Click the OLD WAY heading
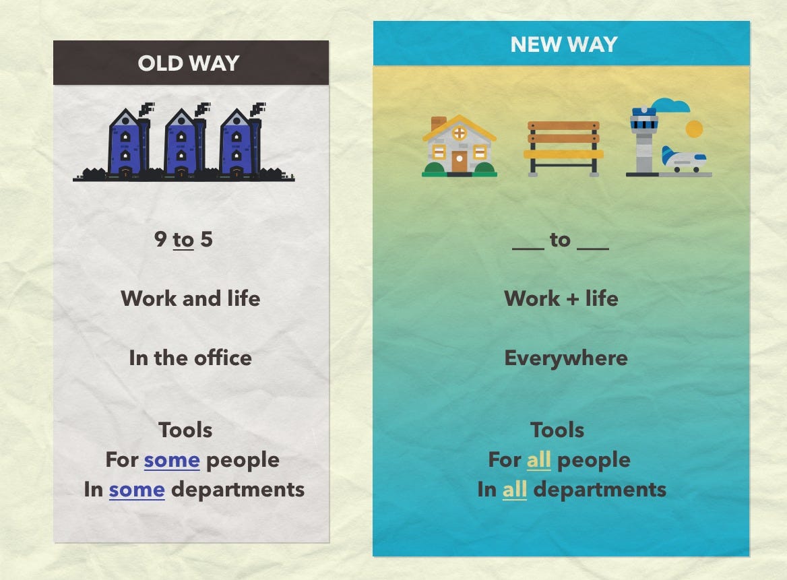(x=188, y=63)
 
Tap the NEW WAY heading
(x=564, y=44)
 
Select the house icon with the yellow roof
(x=460, y=146)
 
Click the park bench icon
(x=563, y=148)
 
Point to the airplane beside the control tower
(x=684, y=160)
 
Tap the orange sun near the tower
(x=694, y=129)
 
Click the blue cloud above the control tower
(x=670, y=105)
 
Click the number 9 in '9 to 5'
(x=160, y=239)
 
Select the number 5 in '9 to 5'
(x=206, y=239)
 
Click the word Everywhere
(x=566, y=358)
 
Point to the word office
(x=223, y=358)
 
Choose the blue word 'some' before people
(x=172, y=460)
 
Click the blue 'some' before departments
(x=137, y=490)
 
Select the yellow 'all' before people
(x=538, y=459)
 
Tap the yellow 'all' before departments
(x=515, y=489)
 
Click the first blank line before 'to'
(x=528, y=248)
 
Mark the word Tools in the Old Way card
(x=185, y=430)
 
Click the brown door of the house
(x=459, y=162)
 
